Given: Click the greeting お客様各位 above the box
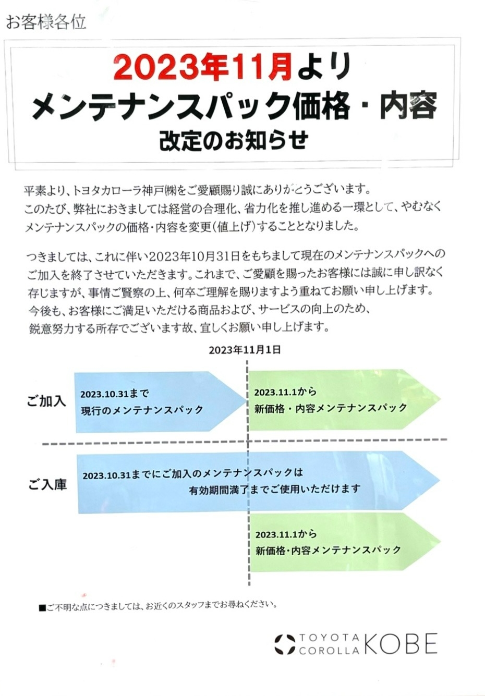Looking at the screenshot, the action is [x=46, y=23].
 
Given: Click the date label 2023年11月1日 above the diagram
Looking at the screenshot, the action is [x=245, y=350].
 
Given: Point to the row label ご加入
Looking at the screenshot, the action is [x=46, y=401].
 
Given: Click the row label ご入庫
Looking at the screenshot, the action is [x=47, y=484].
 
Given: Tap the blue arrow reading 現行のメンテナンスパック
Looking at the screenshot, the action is [x=161, y=401].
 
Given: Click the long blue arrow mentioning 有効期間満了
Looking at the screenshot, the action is [x=259, y=482].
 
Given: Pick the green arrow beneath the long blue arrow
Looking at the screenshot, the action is [x=345, y=543].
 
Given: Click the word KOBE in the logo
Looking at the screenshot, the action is [x=401, y=644].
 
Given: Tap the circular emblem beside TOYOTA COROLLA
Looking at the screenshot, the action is [x=284, y=644].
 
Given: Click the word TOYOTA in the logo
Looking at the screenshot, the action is [x=329, y=638].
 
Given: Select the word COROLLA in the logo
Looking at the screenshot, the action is [x=329, y=650].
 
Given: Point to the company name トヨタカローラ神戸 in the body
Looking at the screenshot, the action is [x=120, y=190].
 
